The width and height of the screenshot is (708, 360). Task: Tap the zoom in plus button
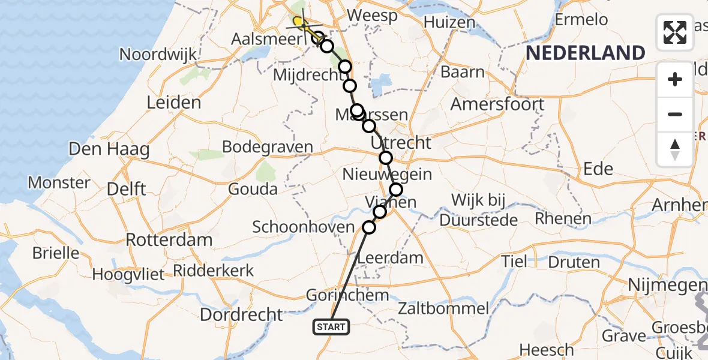(675, 79)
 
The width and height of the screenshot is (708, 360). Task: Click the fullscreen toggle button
(675, 32)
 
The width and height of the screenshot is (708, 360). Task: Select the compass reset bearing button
(675, 148)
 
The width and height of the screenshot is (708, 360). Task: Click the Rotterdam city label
(169, 239)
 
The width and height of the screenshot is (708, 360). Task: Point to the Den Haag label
(109, 148)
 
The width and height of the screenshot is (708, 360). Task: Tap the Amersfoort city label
(497, 104)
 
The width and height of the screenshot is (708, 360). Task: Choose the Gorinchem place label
(347, 295)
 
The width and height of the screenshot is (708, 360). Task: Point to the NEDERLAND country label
(585, 53)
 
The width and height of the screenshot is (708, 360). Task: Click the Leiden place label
(173, 102)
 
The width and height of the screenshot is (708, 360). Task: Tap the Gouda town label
(253, 190)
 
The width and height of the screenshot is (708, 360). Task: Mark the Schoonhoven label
(304, 227)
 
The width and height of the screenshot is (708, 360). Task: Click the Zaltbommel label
(443, 310)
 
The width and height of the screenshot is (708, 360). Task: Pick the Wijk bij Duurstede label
(479, 210)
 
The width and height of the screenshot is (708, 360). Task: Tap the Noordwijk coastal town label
(158, 54)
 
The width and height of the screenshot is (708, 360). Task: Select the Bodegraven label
(268, 147)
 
